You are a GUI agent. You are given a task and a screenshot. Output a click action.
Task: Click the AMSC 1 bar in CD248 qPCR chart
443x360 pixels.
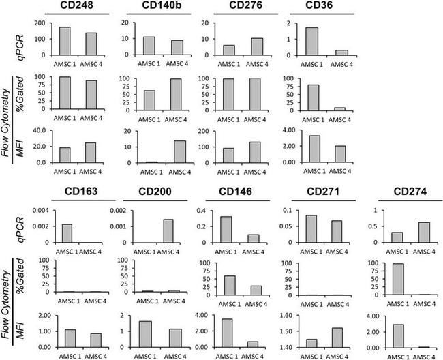(65, 41)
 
